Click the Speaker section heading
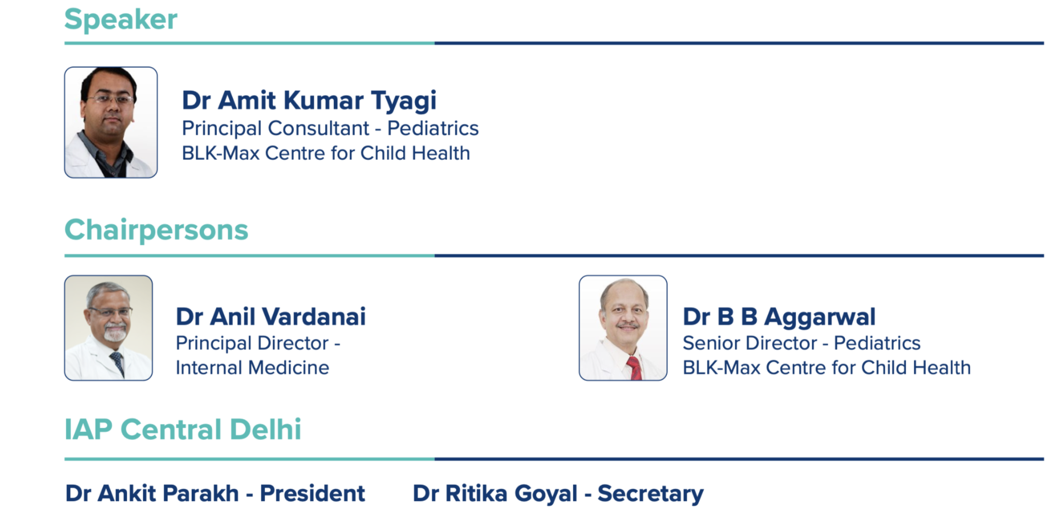pyautogui.click(x=121, y=20)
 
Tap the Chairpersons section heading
pyautogui.click(x=157, y=230)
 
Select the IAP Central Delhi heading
pyautogui.click(x=183, y=429)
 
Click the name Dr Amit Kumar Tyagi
pyautogui.click(x=309, y=101)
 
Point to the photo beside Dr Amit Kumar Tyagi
pyautogui.click(x=111, y=122)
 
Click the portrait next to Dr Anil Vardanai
pyautogui.click(x=108, y=328)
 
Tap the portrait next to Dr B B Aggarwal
pyautogui.click(x=623, y=328)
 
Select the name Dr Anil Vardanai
pyautogui.click(x=271, y=316)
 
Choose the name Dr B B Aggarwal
pyautogui.click(x=779, y=316)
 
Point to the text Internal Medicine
pyautogui.click(x=252, y=368)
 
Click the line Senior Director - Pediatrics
pyautogui.click(x=801, y=343)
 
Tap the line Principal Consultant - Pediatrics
pyautogui.click(x=330, y=128)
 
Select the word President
pyautogui.click(x=312, y=493)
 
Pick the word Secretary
pyautogui.click(x=650, y=494)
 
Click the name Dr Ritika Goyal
pyautogui.click(x=495, y=494)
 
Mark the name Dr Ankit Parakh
pyautogui.click(x=152, y=493)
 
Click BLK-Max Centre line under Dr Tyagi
pyautogui.click(x=326, y=153)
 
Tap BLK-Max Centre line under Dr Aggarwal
pyautogui.click(x=827, y=368)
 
